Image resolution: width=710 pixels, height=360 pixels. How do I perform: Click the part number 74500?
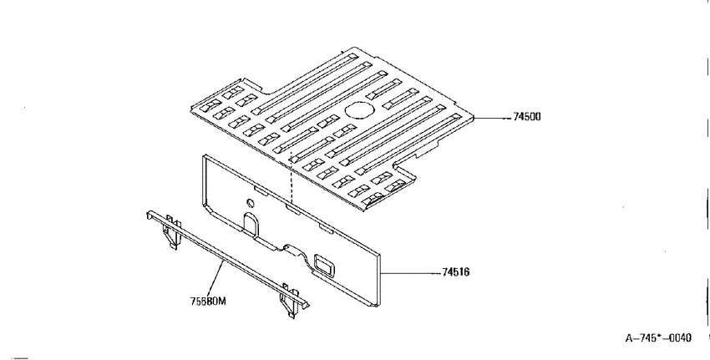[x=526, y=117]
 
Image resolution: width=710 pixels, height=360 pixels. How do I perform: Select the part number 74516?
[x=455, y=272]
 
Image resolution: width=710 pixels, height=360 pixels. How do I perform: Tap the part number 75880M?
[x=208, y=301]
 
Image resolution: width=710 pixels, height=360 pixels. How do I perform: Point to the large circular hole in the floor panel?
[x=359, y=110]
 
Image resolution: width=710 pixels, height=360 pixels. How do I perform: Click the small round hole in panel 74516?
[x=250, y=202]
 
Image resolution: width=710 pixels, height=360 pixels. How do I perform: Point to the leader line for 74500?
[x=492, y=118]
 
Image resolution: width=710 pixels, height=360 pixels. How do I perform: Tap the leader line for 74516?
[x=411, y=273]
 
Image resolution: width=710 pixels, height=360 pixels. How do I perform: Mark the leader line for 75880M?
[x=216, y=278]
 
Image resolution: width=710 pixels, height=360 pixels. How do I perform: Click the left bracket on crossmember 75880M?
[x=171, y=231]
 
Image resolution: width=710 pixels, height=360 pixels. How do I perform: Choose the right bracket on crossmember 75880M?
[x=289, y=301]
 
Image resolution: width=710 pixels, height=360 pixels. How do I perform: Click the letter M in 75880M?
[x=221, y=301]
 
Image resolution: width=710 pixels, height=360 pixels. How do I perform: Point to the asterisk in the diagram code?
[x=659, y=337]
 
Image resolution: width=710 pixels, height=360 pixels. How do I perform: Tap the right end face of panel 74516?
[x=378, y=279]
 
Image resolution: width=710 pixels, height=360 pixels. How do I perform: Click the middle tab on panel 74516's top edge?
[x=293, y=209]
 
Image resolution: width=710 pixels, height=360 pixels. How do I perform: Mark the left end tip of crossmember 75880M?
[x=148, y=214]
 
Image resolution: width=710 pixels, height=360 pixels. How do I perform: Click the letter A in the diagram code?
[x=629, y=338]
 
